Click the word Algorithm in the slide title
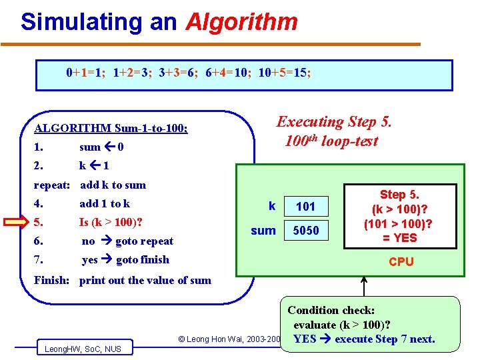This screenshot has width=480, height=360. [241, 22]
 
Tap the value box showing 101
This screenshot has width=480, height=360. [305, 206]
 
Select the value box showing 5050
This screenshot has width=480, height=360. [305, 231]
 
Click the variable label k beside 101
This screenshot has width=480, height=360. [271, 206]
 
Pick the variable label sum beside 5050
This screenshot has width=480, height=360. [263, 231]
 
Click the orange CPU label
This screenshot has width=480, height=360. [401, 262]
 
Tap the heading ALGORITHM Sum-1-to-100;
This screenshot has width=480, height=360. [111, 128]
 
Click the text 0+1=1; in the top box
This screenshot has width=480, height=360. [87, 73]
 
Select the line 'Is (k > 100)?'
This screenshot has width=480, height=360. [111, 223]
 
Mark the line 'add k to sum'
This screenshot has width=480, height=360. [112, 185]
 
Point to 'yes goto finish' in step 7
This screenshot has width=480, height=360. [125, 260]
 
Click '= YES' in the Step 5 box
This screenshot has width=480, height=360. [399, 238]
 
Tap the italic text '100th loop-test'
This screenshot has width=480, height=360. [331, 141]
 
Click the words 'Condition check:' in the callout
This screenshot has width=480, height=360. [331, 311]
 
